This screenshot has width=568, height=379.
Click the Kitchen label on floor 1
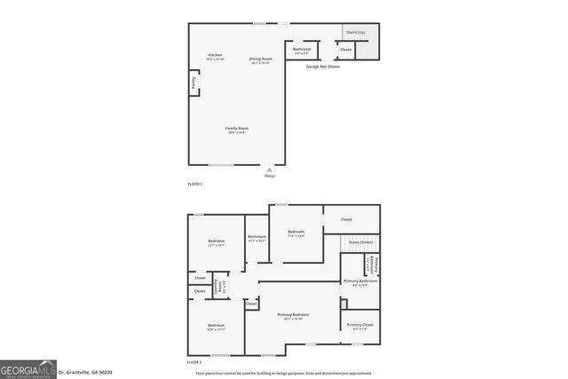coord(215,56)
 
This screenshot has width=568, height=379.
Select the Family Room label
coord(236,130)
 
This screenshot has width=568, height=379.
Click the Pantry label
coord(193,84)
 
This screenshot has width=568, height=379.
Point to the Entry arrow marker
coord(270,169)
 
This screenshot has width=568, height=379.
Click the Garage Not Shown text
coord(322,67)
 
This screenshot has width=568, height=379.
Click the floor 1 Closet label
coord(345,50)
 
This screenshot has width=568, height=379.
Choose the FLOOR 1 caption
coord(194,184)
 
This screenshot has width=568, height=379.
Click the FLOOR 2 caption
coord(194,362)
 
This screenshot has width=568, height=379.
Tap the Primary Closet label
coord(359,326)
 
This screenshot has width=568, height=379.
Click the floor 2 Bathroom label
coord(256,238)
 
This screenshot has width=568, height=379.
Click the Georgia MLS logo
coord(29,369)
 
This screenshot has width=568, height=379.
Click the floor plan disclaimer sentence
coord(297,373)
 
